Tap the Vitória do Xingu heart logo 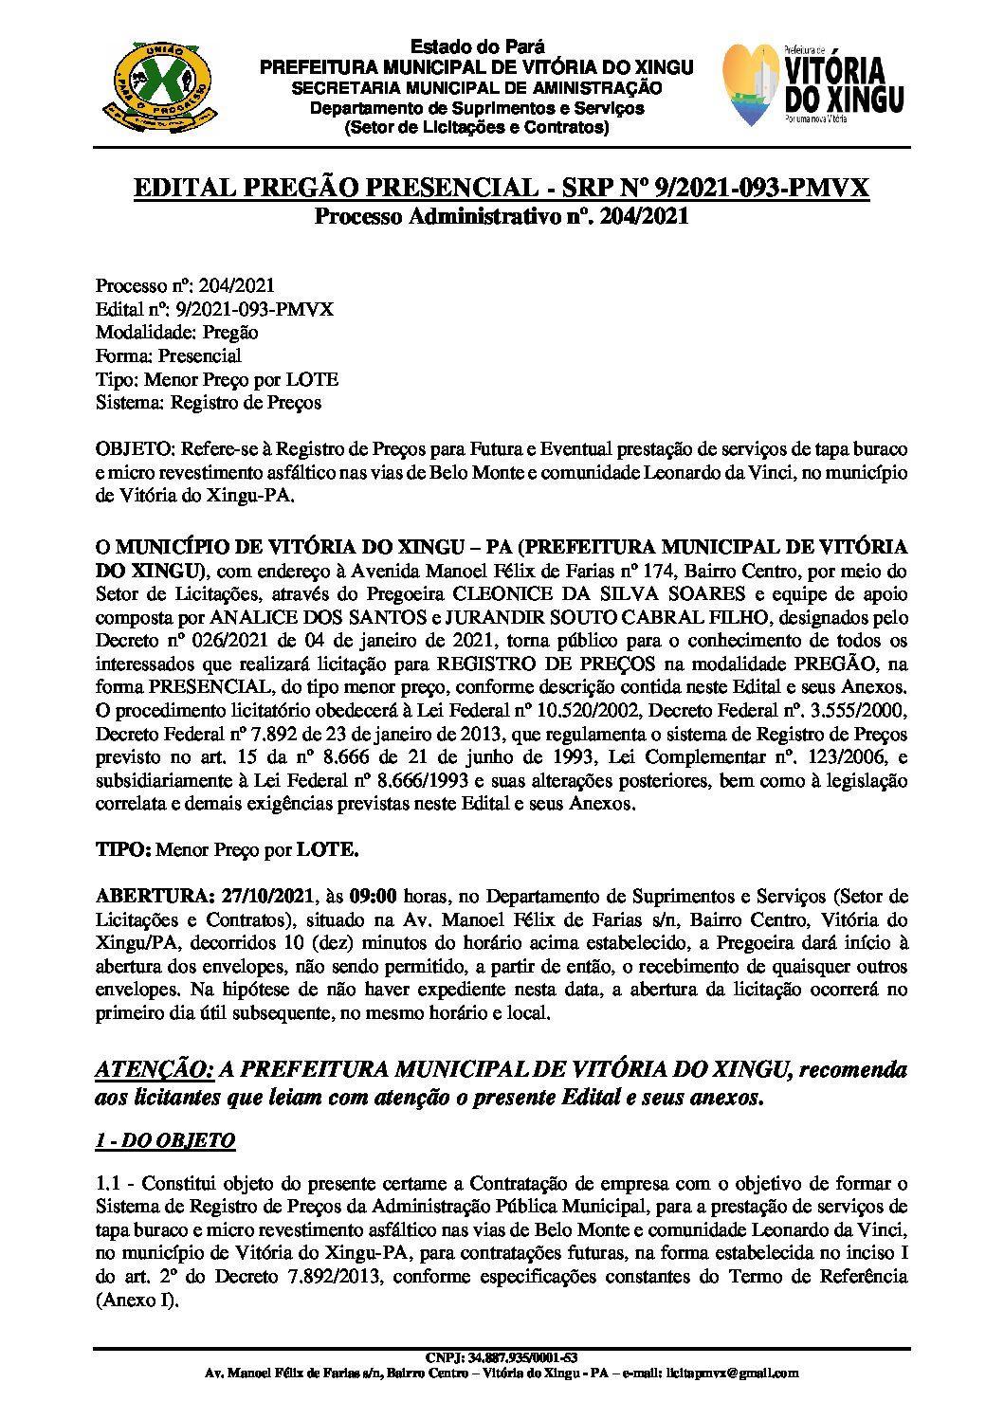(x=812, y=86)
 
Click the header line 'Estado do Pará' (x=476, y=47)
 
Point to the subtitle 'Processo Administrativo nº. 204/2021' (x=501, y=216)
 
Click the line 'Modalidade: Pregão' (x=176, y=333)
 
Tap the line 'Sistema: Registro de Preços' (x=209, y=403)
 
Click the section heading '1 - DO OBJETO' (x=165, y=1140)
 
